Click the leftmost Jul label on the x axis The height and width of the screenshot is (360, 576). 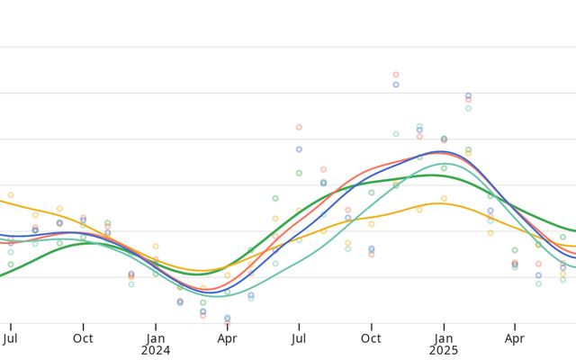(11, 339)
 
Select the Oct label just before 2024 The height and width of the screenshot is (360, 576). (83, 339)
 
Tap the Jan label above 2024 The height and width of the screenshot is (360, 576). (155, 339)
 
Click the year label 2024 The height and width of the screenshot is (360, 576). (155, 351)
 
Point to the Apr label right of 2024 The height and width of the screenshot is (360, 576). (227, 339)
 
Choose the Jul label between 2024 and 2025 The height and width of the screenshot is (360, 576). (299, 339)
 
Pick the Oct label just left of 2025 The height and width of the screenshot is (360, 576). (371, 339)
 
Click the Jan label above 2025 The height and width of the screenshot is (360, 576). (443, 339)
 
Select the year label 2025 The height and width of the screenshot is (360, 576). (443, 351)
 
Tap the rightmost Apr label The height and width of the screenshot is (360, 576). (515, 339)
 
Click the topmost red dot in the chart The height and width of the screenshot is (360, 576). (396, 75)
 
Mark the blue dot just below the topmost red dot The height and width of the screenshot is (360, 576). (396, 85)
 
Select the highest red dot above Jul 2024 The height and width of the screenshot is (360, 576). (299, 127)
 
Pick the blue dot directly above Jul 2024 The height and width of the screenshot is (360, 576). (299, 149)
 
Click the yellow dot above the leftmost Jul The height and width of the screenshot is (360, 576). (11, 194)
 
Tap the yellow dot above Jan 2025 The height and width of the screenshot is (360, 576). (444, 199)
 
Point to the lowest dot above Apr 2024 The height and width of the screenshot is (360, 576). (227, 319)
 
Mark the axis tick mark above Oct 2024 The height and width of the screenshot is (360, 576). (371, 326)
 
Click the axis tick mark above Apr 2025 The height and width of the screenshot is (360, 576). (515, 326)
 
